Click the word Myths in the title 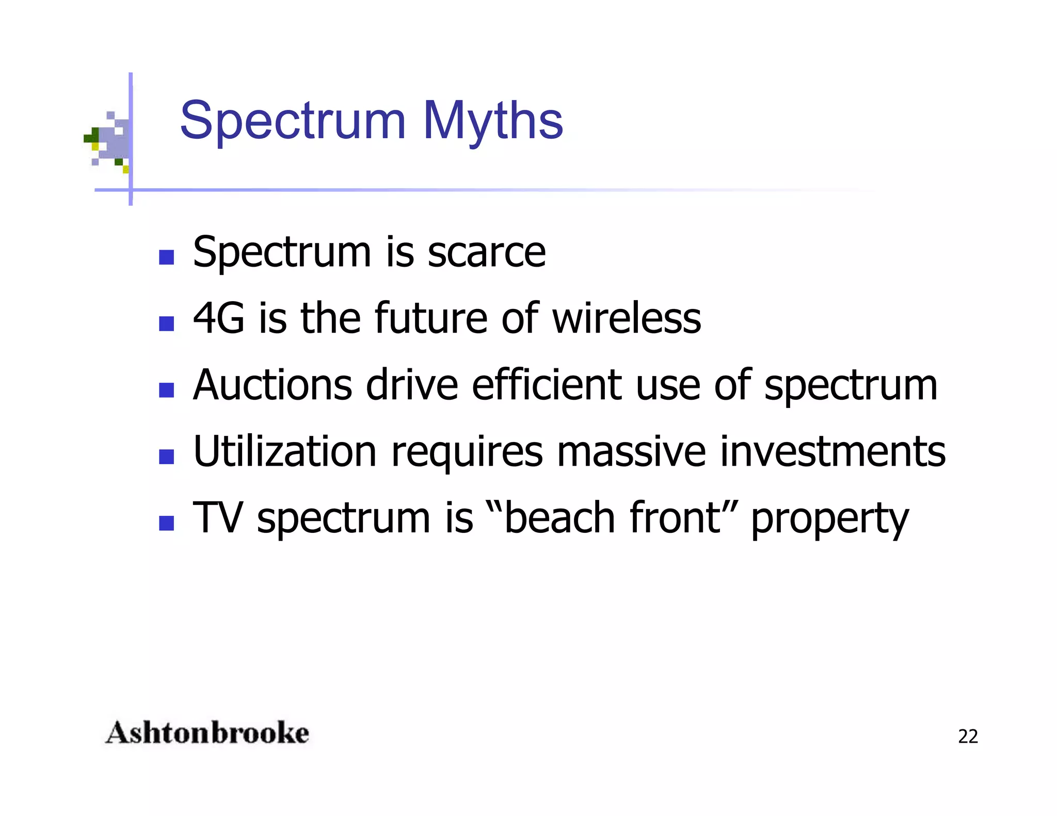pyautogui.click(x=493, y=121)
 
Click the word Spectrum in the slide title pyautogui.click(x=293, y=121)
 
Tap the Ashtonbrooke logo pyautogui.click(x=207, y=733)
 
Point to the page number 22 pyautogui.click(x=968, y=737)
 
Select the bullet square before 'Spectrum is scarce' pyautogui.click(x=166, y=257)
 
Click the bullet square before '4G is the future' pyautogui.click(x=166, y=323)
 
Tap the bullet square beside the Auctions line pyautogui.click(x=166, y=390)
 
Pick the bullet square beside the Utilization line pyautogui.click(x=166, y=456)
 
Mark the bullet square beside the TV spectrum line pyautogui.click(x=166, y=523)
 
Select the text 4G pyautogui.click(x=218, y=318)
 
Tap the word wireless pyautogui.click(x=627, y=318)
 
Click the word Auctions pyautogui.click(x=273, y=385)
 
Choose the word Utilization pyautogui.click(x=285, y=451)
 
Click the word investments pyautogui.click(x=832, y=451)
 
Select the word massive pyautogui.click(x=631, y=451)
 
